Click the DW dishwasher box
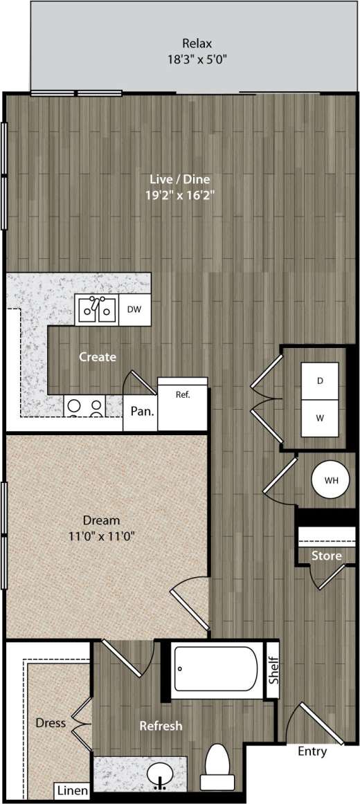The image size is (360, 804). click(x=134, y=309)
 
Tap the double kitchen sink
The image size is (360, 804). click(x=96, y=309)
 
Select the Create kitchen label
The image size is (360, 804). click(x=98, y=357)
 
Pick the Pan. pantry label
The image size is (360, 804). click(x=142, y=411)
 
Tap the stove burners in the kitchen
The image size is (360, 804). click(x=84, y=407)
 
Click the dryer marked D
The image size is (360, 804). click(x=320, y=381)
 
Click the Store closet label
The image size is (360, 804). click(x=325, y=556)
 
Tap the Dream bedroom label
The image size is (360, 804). click(x=101, y=520)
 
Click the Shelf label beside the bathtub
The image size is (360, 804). click(x=272, y=669)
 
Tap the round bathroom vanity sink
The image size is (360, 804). click(x=161, y=772)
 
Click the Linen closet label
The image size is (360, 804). click(x=72, y=790)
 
